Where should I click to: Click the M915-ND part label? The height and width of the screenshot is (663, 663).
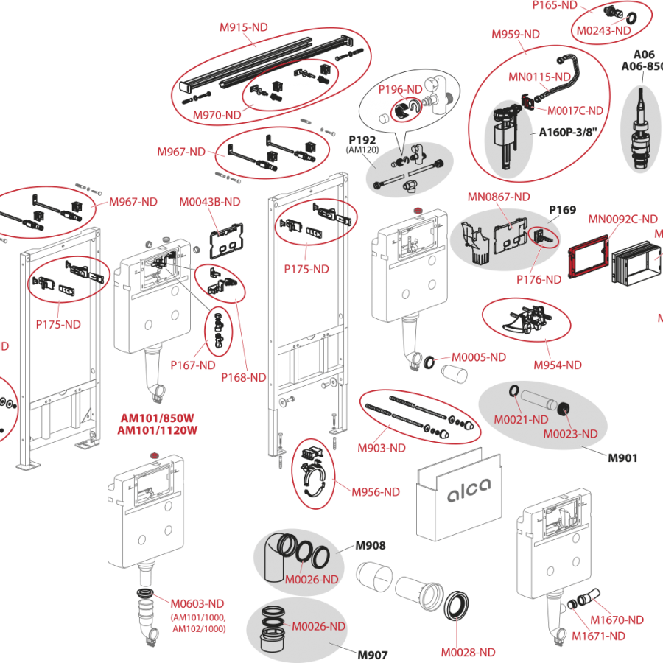tap(244, 27)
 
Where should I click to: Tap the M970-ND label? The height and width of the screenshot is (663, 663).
tap(217, 115)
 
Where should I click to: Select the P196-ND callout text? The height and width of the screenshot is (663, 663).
tap(401, 89)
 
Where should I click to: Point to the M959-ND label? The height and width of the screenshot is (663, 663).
tap(516, 34)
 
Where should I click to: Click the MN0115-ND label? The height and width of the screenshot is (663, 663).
tap(540, 76)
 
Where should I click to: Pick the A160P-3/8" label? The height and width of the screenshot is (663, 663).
tap(566, 133)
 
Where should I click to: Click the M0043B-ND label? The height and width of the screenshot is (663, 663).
tap(210, 201)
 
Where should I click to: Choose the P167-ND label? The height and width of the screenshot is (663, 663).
tap(193, 365)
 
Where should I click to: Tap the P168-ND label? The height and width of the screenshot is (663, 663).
tap(244, 377)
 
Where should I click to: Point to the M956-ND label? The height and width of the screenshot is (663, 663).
tap(376, 491)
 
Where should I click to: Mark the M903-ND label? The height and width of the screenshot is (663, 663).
tap(382, 448)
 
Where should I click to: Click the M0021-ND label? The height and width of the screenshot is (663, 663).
tap(521, 420)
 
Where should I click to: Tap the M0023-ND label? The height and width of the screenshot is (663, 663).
tap(571, 434)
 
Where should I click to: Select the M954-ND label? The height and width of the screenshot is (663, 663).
tap(558, 365)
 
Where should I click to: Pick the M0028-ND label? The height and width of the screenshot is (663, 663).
tap(469, 652)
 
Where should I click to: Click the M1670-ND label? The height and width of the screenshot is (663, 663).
tap(617, 620)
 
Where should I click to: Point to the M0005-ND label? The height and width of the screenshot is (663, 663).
tap(479, 357)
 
